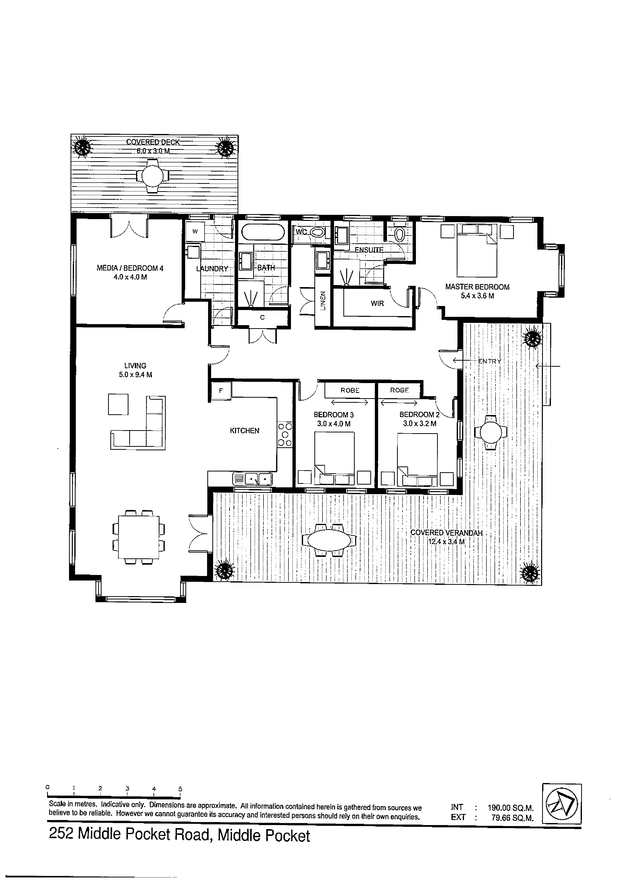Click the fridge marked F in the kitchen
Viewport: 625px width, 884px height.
point(221,391)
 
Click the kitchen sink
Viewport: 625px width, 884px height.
point(253,479)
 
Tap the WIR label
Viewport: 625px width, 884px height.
point(377,303)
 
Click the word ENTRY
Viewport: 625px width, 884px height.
point(489,361)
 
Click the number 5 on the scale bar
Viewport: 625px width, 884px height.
point(180,789)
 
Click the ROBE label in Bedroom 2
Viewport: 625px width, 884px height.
point(399,390)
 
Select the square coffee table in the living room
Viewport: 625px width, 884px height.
point(118,404)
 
